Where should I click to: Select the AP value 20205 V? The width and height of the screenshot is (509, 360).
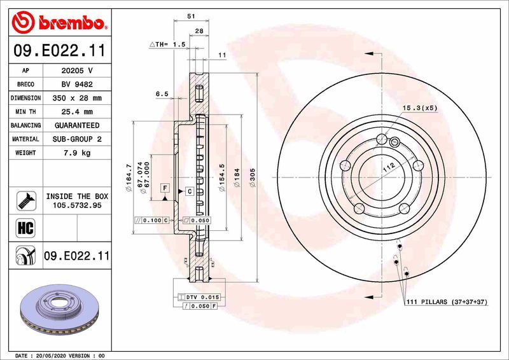point(76,71)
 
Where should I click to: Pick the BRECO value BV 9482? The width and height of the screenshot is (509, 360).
point(76,84)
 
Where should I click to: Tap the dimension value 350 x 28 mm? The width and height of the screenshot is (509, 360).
point(76,98)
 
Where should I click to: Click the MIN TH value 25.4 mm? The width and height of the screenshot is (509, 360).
point(76,112)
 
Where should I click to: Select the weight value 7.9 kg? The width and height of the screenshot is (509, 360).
point(76,153)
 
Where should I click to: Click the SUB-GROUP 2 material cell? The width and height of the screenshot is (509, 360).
point(76,139)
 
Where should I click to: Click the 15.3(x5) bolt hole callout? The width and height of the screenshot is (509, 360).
point(420,108)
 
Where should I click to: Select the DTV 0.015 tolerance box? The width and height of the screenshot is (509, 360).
point(202,297)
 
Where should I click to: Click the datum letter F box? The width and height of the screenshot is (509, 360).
point(165,188)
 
